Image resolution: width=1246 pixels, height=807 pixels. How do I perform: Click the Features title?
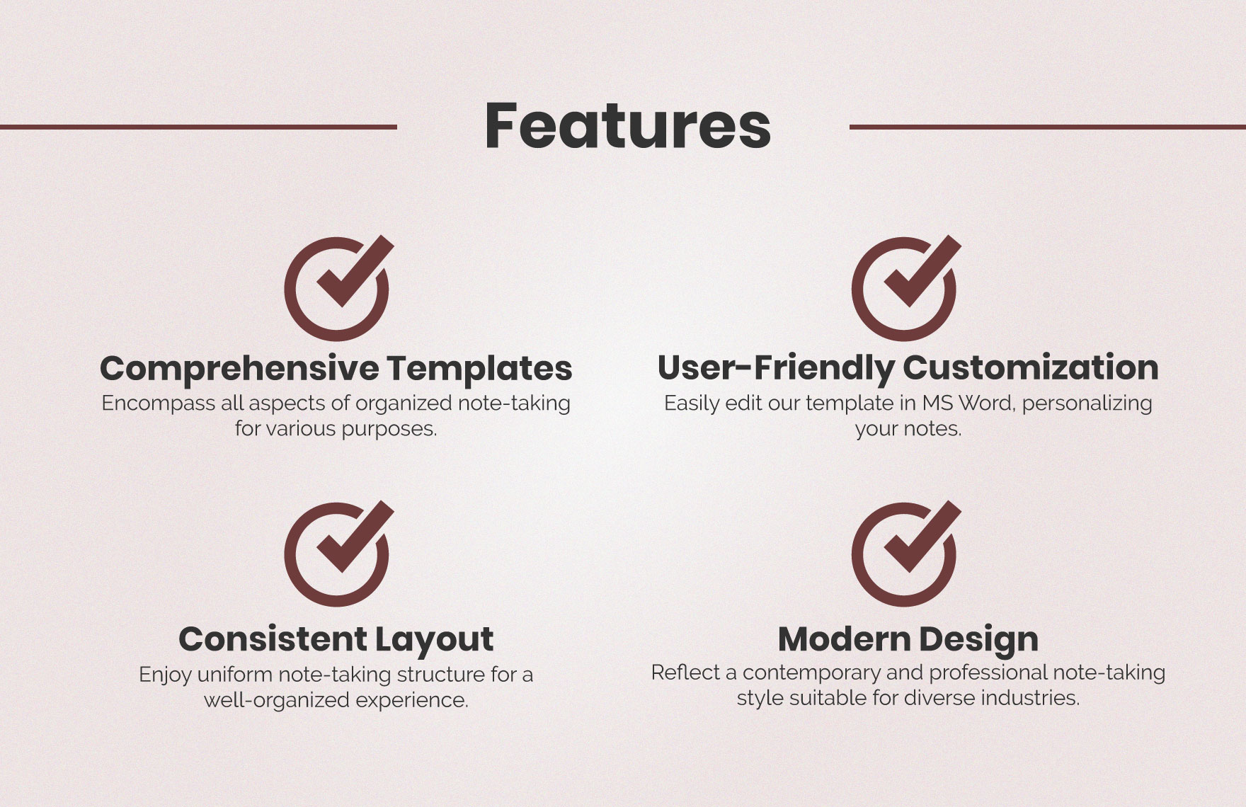coord(627,126)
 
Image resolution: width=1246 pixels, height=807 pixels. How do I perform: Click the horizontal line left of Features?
coord(198,127)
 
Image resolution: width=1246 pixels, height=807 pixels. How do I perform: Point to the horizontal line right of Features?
coord(1047,127)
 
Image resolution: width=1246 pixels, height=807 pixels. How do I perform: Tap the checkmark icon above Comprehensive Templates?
coord(338,287)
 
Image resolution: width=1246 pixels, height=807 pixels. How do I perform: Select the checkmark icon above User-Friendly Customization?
coord(905,287)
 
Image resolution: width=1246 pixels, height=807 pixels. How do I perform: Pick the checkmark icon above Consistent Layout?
coord(338,553)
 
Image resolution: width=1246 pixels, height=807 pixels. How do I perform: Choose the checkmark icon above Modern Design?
coord(905,553)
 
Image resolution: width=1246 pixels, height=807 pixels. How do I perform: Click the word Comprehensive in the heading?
coord(239,369)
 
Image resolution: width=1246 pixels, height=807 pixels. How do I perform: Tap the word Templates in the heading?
coord(479,368)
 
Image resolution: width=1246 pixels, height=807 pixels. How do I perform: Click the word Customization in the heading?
coord(1030,367)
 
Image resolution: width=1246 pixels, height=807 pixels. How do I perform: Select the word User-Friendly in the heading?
coord(776,367)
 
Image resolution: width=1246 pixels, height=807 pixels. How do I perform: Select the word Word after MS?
coord(987,403)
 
